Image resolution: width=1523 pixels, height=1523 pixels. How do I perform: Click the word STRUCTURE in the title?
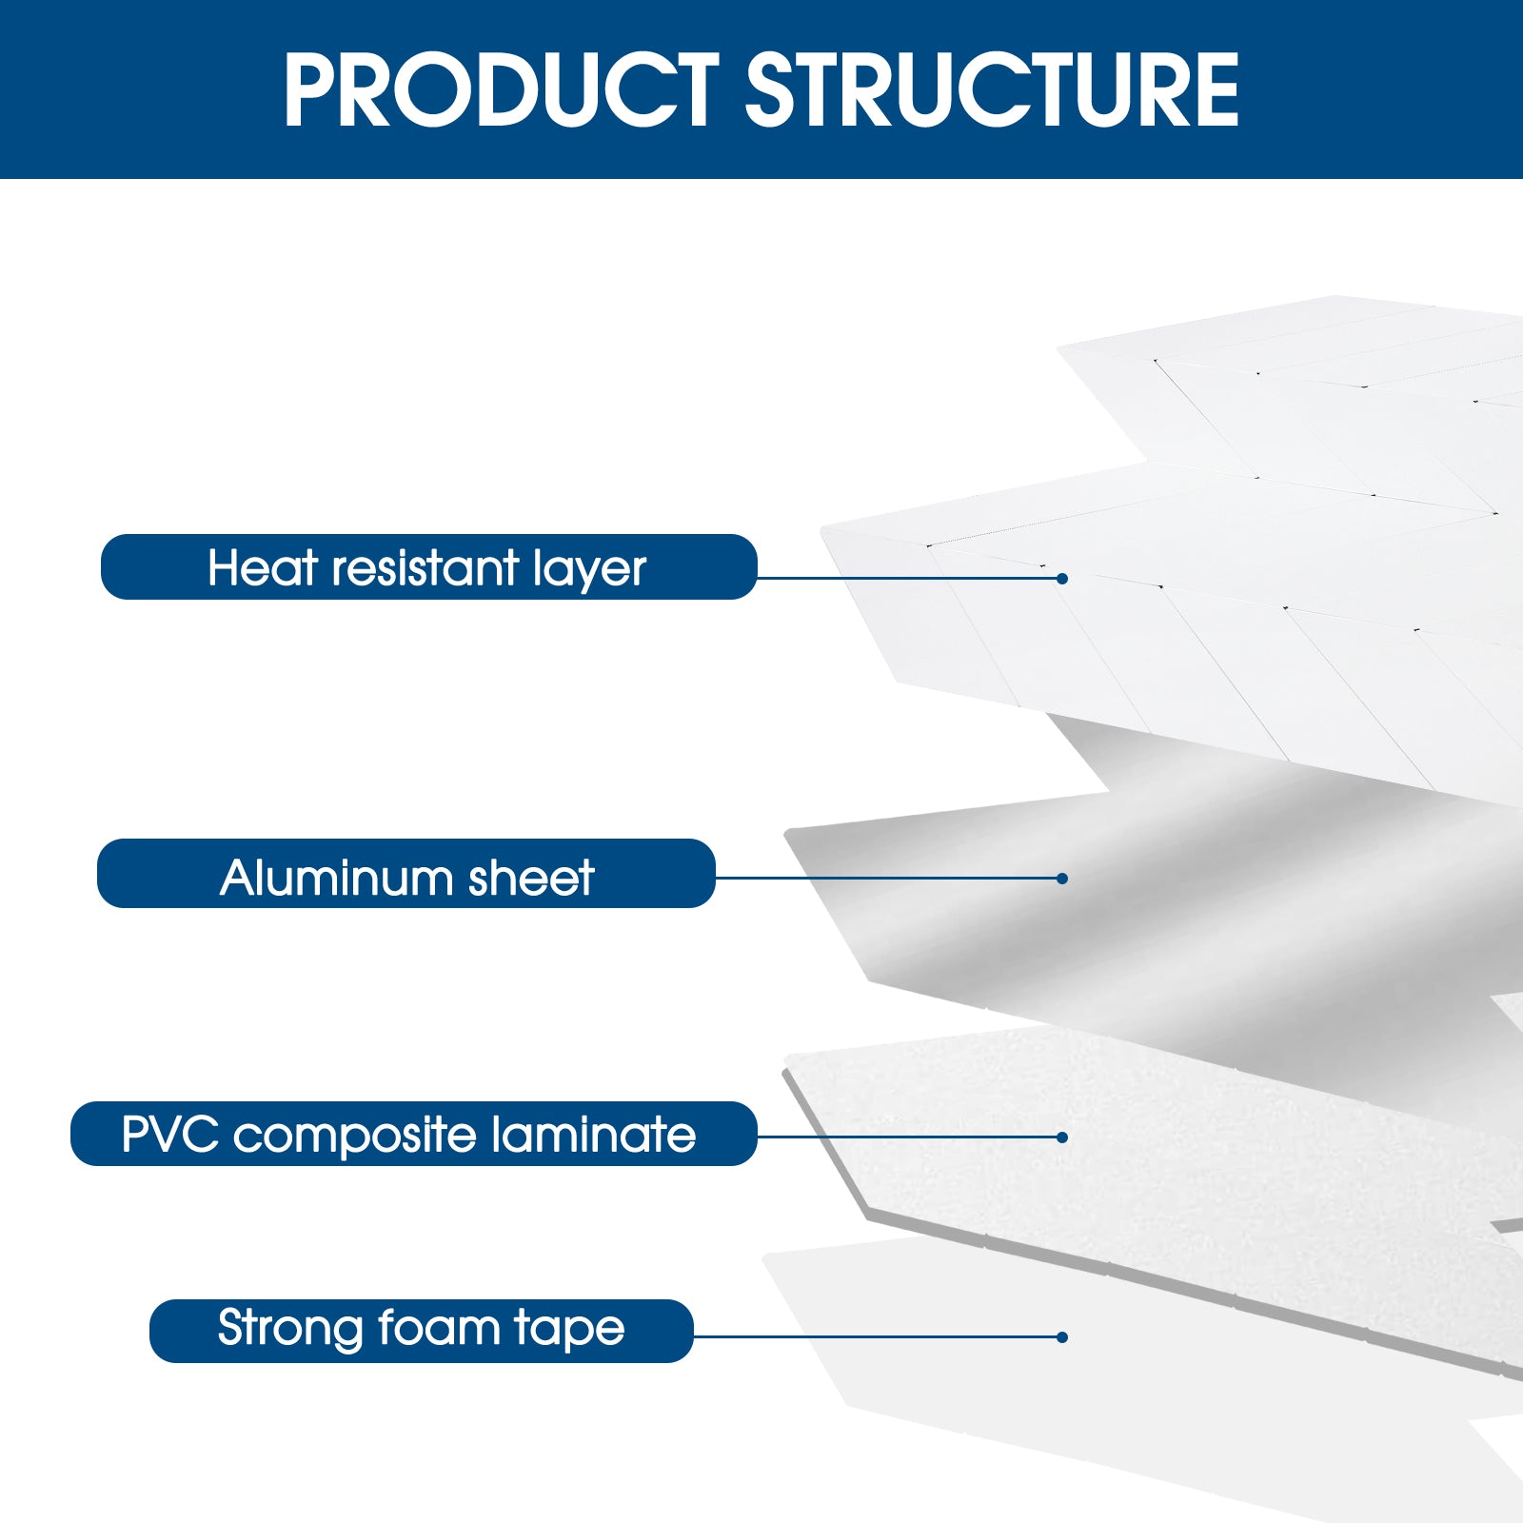(992, 90)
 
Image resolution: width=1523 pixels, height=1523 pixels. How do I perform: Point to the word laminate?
(594, 1135)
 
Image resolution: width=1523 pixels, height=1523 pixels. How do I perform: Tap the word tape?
(569, 1330)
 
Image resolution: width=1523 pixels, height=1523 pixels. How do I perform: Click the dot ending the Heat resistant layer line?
(1062, 579)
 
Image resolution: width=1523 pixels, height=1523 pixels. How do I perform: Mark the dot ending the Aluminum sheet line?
(1062, 879)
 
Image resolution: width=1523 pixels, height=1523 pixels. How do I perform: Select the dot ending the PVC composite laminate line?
(1062, 1137)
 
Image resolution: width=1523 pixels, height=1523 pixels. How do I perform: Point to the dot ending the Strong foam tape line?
(1062, 1337)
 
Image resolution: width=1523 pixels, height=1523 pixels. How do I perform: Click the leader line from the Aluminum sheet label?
(885, 878)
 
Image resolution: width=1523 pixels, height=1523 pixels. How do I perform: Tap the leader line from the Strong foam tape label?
(876, 1336)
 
